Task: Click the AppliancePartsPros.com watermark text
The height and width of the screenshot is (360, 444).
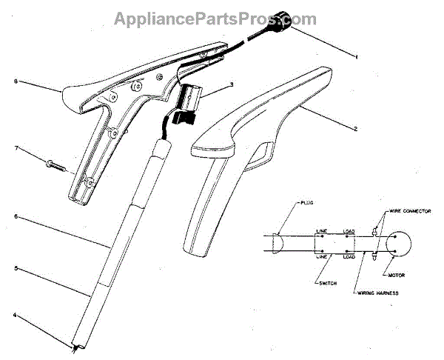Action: tap(215, 19)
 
